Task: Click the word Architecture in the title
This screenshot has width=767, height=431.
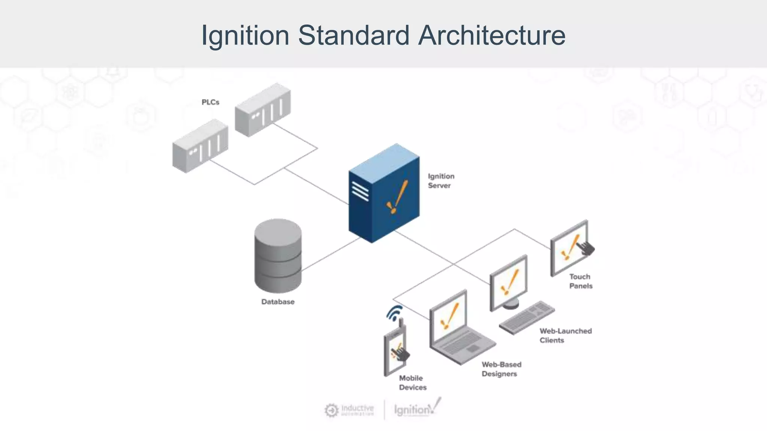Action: click(491, 35)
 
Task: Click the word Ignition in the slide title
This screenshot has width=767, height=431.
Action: click(245, 35)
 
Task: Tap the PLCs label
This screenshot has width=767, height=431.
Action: click(210, 102)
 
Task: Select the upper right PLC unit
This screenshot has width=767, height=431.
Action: click(263, 110)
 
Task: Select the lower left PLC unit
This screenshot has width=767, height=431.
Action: click(200, 146)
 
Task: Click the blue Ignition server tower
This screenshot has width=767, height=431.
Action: click(383, 195)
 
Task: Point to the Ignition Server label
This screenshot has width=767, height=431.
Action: click(441, 181)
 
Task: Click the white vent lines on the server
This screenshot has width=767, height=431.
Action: click(360, 192)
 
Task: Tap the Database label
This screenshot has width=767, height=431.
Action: click(278, 302)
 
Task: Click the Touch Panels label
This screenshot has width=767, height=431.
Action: click(580, 281)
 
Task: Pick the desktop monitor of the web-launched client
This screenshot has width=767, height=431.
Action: click(509, 282)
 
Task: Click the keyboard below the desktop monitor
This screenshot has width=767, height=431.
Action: click(527, 317)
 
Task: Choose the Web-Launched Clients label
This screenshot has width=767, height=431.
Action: click(565, 335)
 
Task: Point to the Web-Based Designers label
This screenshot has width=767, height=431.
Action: click(501, 369)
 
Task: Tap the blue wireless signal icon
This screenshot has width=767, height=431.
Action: click(394, 313)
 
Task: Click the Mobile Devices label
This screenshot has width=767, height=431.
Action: click(412, 382)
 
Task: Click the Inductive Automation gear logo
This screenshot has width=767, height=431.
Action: click(331, 410)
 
